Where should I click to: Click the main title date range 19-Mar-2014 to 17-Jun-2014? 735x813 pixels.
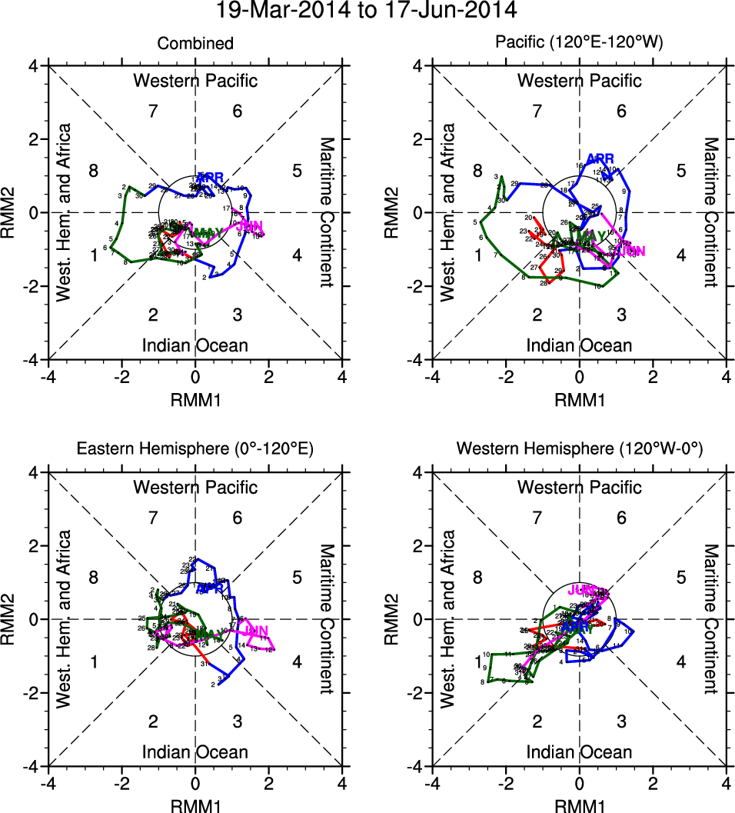coord(367,11)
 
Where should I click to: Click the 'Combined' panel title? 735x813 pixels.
coord(195,44)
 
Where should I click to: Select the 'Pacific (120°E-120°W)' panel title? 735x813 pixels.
coord(580,44)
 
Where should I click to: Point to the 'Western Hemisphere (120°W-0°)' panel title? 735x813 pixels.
coord(580,450)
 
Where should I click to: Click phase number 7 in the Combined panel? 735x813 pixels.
coord(153,112)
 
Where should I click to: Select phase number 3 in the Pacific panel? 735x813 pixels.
coord(621,315)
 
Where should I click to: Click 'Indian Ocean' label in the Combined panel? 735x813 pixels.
coord(195,345)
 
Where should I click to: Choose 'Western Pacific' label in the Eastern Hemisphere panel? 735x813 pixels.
coord(195,487)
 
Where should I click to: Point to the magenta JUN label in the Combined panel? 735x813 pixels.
coord(250,226)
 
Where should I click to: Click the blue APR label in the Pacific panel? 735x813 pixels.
coord(600,159)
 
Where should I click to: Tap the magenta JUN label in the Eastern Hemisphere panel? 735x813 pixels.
coord(255,632)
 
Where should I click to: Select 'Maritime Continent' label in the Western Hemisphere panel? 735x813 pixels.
coord(711,618)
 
